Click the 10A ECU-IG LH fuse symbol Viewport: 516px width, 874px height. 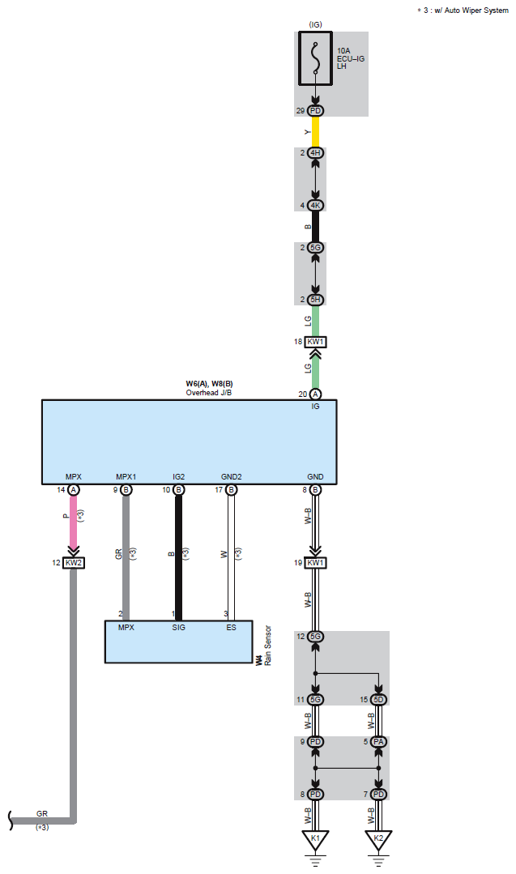click(x=315, y=58)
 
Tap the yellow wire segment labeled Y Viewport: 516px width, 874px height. click(x=315, y=131)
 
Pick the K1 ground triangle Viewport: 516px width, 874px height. click(x=315, y=839)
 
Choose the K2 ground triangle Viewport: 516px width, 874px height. click(x=378, y=839)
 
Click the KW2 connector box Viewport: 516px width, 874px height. click(x=74, y=563)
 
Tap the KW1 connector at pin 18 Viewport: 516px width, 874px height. click(x=315, y=342)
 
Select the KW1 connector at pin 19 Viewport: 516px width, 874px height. click(x=315, y=562)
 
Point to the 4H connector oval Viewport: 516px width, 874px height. click(x=315, y=153)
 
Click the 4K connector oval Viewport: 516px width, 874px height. click(x=315, y=205)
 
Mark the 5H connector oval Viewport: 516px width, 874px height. click(x=315, y=300)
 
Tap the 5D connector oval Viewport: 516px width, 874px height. click(x=378, y=698)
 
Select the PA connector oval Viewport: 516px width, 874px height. click(x=378, y=741)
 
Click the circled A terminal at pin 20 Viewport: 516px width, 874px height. click(x=315, y=394)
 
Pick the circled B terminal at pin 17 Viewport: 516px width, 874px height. click(x=232, y=489)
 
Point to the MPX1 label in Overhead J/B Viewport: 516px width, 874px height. click(x=126, y=477)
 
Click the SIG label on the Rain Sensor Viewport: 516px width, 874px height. click(x=179, y=627)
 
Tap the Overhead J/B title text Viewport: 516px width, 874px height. click(x=209, y=393)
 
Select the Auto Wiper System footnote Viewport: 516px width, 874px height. click(x=463, y=10)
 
